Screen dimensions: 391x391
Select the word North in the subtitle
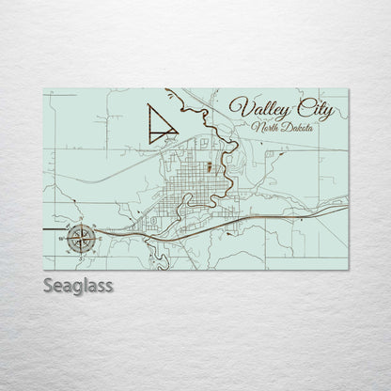pos(264,123)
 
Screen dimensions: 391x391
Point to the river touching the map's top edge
pos(170,92)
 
